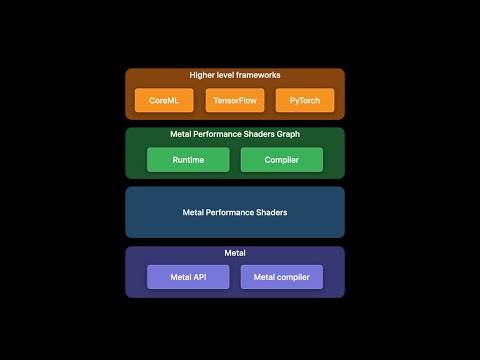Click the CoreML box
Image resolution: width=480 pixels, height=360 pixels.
(x=164, y=100)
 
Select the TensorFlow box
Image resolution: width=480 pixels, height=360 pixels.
(x=235, y=100)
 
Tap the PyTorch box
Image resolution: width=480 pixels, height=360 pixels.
(x=305, y=100)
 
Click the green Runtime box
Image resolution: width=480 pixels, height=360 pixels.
(x=188, y=159)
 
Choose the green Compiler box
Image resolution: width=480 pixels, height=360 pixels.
(x=282, y=159)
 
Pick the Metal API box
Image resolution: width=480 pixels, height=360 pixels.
(x=188, y=277)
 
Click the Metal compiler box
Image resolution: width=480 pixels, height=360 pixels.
(x=282, y=277)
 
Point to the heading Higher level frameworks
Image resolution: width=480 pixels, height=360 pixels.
(x=235, y=75)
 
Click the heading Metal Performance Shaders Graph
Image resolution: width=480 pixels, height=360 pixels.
(x=235, y=134)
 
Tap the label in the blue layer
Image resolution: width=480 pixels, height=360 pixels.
(x=235, y=212)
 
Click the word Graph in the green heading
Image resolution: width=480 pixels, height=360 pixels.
(x=287, y=134)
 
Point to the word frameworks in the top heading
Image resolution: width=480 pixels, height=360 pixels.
(x=258, y=75)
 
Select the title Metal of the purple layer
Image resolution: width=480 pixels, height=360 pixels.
(x=235, y=253)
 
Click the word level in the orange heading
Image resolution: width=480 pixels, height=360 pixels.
(x=228, y=75)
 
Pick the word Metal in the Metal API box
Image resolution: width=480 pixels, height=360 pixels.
(x=180, y=277)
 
